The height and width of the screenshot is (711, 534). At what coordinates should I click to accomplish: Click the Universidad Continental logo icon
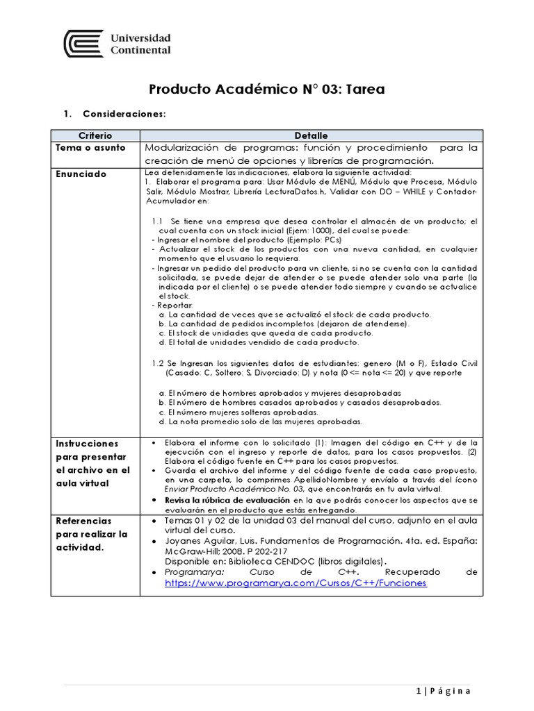pos(83,44)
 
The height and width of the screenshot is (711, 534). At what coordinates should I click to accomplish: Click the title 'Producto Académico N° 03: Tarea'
pos(267,90)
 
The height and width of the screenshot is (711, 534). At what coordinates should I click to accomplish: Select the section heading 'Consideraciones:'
pos(124,113)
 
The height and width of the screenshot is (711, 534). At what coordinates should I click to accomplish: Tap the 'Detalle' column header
pos(311,135)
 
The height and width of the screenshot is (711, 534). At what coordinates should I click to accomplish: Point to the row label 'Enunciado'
pos(81,174)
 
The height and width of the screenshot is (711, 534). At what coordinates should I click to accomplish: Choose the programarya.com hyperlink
pos(296,583)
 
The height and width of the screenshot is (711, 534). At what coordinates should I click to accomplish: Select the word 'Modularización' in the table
pos(179,149)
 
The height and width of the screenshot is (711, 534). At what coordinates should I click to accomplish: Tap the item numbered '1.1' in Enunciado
pos(159,221)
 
